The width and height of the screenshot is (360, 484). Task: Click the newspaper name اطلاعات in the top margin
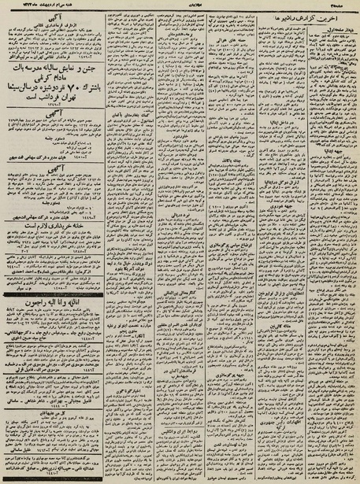point(180,4)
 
